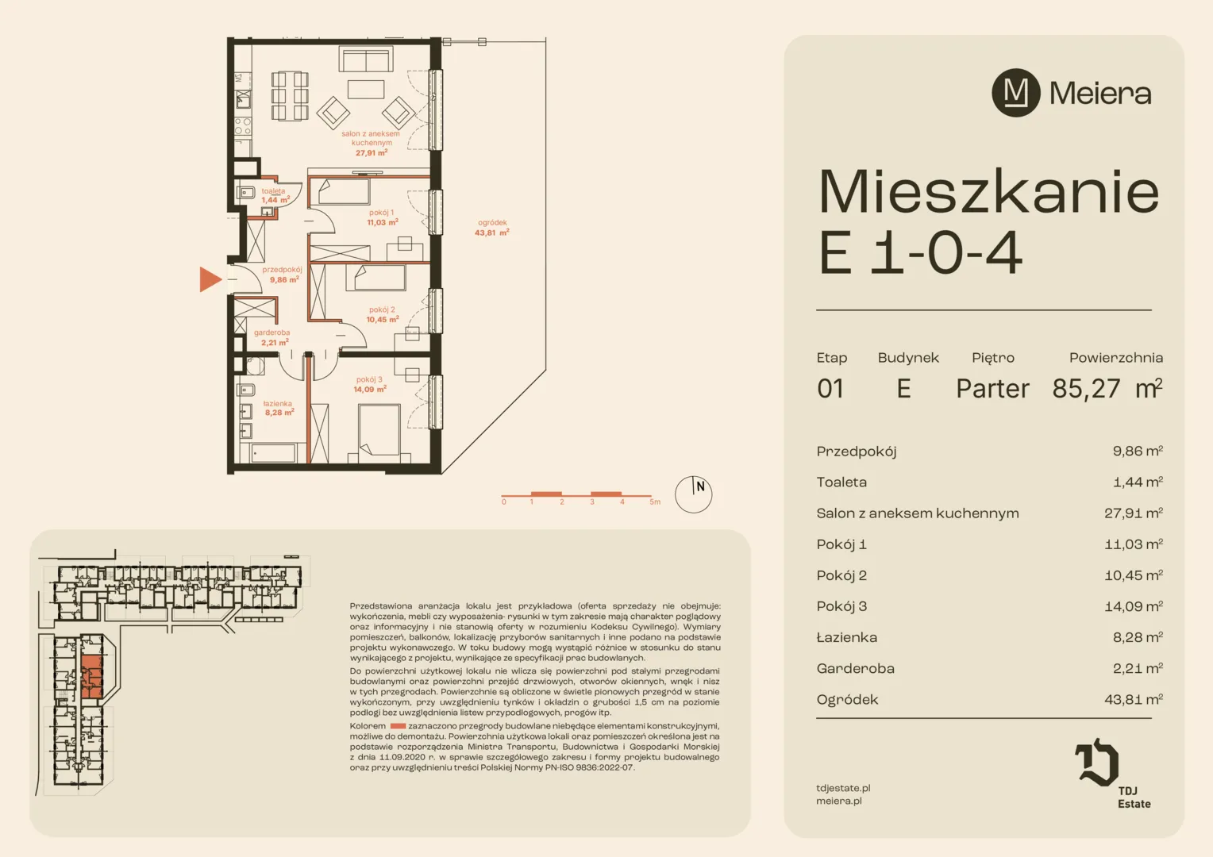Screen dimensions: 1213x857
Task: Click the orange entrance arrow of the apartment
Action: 210,279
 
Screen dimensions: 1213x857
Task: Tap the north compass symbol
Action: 693,494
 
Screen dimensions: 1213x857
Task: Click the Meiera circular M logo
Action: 1016,93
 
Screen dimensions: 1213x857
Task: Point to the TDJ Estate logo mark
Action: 1096,763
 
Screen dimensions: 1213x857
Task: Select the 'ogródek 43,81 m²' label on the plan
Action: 491,228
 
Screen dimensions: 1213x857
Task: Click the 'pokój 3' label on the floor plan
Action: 369,379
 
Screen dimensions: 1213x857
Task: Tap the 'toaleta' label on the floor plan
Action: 273,191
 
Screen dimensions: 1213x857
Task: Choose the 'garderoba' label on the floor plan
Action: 271,332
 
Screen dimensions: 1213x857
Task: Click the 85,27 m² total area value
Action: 1107,388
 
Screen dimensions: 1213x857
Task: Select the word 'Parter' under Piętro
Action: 992,389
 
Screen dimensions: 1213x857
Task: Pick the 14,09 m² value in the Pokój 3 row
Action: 1134,606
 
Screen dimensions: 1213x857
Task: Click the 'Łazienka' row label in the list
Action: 846,637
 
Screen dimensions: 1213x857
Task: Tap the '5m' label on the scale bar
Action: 655,502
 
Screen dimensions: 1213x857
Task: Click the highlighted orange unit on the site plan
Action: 91,676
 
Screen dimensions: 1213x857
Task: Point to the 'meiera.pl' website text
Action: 839,801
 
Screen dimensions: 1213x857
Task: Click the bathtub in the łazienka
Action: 273,453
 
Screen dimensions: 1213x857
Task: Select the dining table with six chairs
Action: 290,96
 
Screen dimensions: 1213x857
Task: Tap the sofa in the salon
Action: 366,59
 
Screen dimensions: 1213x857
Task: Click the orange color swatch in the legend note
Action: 398,726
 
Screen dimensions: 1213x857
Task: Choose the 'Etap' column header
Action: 832,358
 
